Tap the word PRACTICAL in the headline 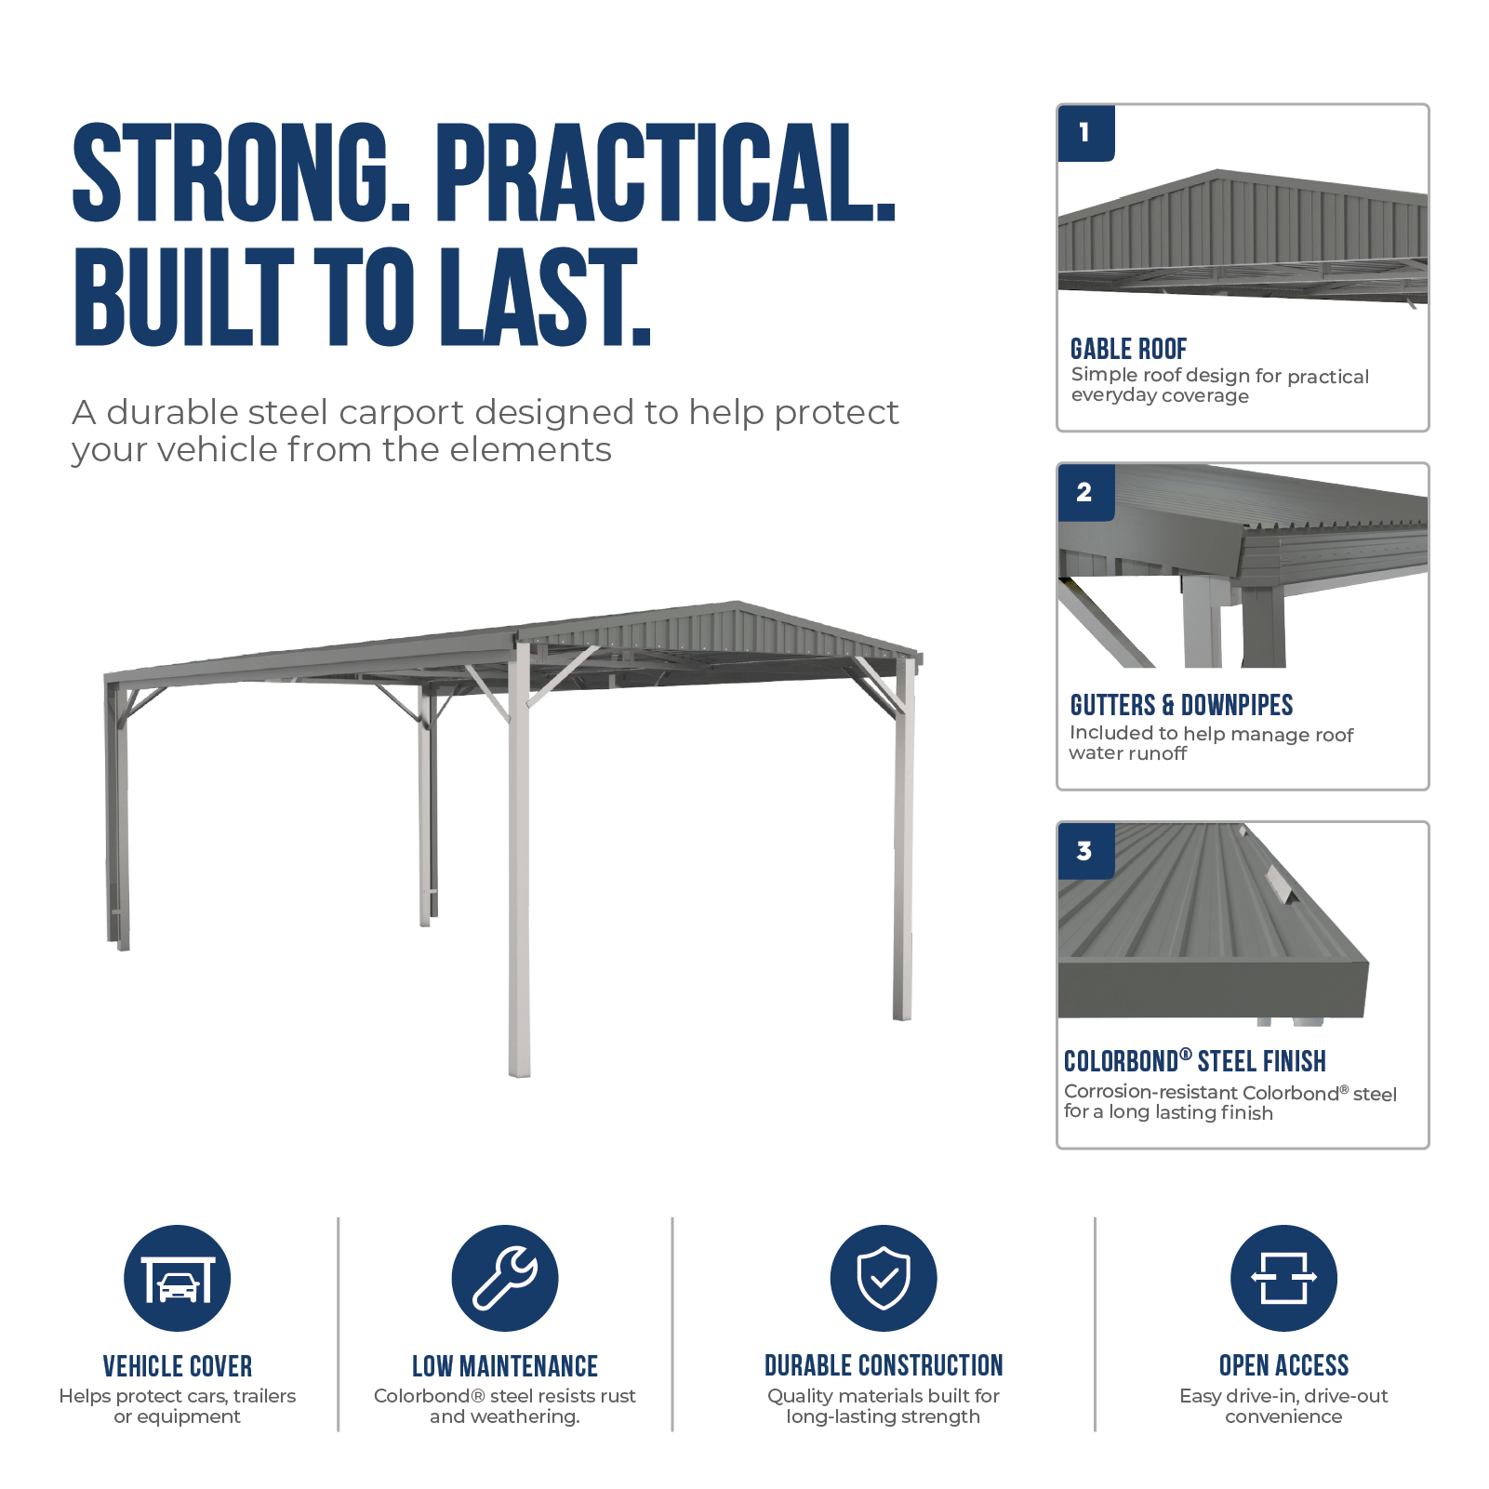665,174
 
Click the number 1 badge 1085,133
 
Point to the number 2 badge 1085,492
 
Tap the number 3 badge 1085,851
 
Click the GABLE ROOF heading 1128,349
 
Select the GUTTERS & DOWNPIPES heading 1181,705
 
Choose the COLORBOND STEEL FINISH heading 1195,1061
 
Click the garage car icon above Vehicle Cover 178,1278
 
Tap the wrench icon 505,1278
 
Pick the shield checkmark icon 884,1278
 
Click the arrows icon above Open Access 1283,1278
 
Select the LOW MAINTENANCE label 505,1366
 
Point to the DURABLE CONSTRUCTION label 884,1365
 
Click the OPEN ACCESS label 1283,1365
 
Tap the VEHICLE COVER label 178,1366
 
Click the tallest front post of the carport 519,856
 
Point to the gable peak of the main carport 737,603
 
